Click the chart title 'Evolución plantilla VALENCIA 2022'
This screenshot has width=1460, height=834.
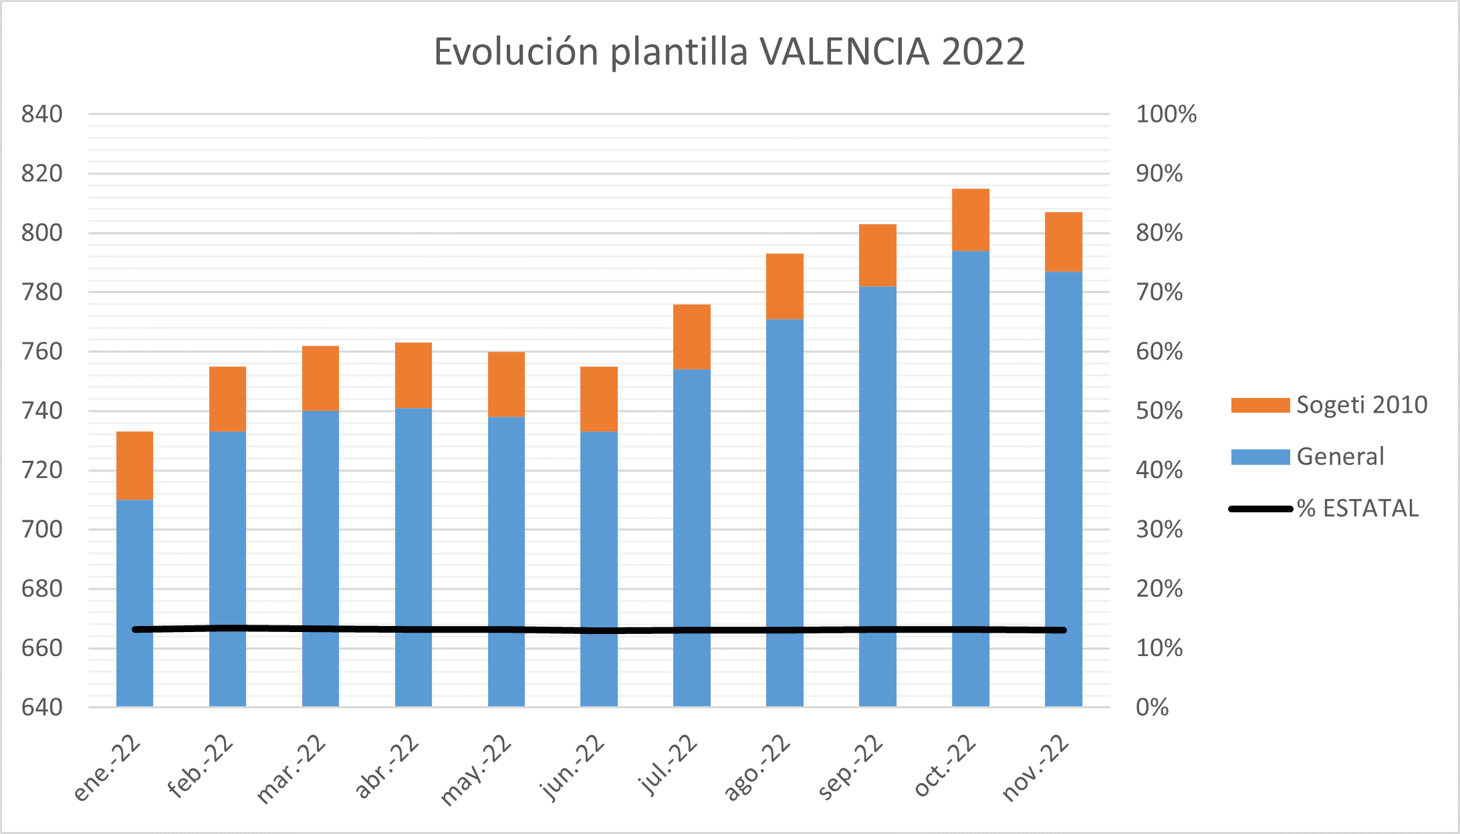point(729,51)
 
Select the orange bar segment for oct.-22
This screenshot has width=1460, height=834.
point(970,219)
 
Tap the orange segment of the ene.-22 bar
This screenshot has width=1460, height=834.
point(134,465)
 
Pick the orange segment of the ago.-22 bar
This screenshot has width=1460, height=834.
point(784,286)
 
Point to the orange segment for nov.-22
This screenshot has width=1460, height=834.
point(1063,241)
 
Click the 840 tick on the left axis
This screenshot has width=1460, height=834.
point(42,114)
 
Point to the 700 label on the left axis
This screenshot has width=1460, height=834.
point(42,530)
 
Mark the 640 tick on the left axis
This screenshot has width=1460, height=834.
point(42,707)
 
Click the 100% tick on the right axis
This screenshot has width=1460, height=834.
point(1166,114)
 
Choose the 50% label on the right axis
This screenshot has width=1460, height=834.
point(1159,411)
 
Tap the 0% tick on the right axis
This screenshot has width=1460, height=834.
point(1152,707)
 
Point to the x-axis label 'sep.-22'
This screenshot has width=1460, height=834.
point(850,767)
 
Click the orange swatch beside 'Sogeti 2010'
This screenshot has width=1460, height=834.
point(1260,405)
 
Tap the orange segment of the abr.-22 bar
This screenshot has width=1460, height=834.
point(413,375)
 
